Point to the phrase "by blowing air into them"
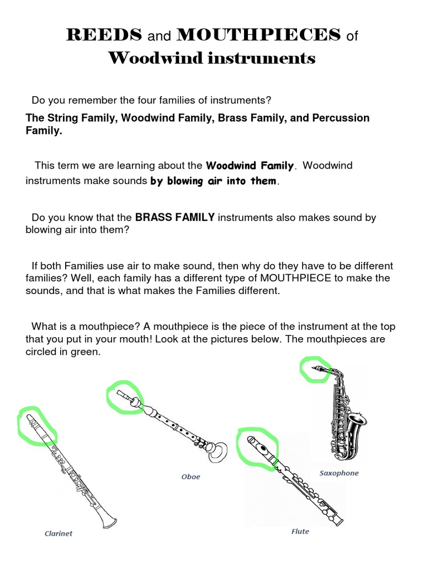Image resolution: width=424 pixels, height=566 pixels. [x=213, y=181]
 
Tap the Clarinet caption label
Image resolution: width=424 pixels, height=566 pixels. [x=59, y=533]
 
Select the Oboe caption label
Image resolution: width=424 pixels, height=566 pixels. [x=191, y=476]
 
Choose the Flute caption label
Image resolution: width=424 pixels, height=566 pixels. [x=300, y=531]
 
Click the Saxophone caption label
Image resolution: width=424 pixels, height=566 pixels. [x=339, y=473]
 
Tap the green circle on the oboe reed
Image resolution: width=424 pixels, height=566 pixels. [x=124, y=396]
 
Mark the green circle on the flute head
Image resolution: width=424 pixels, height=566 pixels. [x=256, y=447]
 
